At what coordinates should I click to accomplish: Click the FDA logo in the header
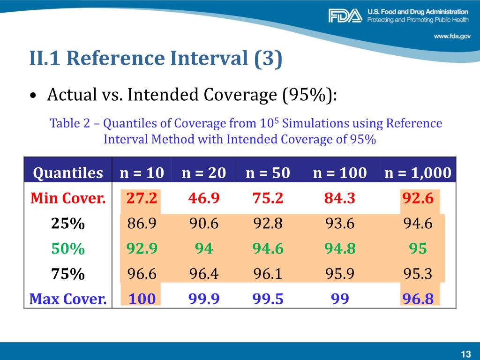pyautogui.click(x=345, y=16)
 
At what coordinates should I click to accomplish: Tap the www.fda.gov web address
pyautogui.click(x=452, y=36)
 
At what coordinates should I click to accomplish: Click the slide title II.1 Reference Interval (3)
pyautogui.click(x=156, y=59)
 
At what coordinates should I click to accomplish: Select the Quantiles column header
pyautogui.click(x=68, y=173)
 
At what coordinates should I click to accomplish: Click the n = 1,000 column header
pyautogui.click(x=418, y=173)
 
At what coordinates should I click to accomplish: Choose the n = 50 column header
pyautogui.click(x=268, y=173)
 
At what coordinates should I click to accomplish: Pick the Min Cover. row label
pyautogui.click(x=68, y=198)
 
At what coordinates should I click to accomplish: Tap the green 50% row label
pyautogui.click(x=68, y=248)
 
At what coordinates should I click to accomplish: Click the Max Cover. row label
pyautogui.click(x=68, y=299)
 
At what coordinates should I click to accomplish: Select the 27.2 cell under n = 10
pyautogui.click(x=142, y=198)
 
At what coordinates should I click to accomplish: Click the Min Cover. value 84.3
pyautogui.click(x=339, y=198)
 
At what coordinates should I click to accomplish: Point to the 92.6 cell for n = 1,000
pyautogui.click(x=418, y=198)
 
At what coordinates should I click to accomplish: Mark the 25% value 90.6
pyautogui.click(x=204, y=224)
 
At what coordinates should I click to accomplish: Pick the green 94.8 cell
pyautogui.click(x=339, y=248)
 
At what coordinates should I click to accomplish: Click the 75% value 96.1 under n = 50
pyautogui.click(x=268, y=274)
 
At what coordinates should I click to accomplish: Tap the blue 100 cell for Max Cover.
pyautogui.click(x=142, y=299)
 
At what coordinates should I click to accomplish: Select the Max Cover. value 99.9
pyautogui.click(x=204, y=299)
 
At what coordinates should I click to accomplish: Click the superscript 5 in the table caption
pyautogui.click(x=276, y=120)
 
